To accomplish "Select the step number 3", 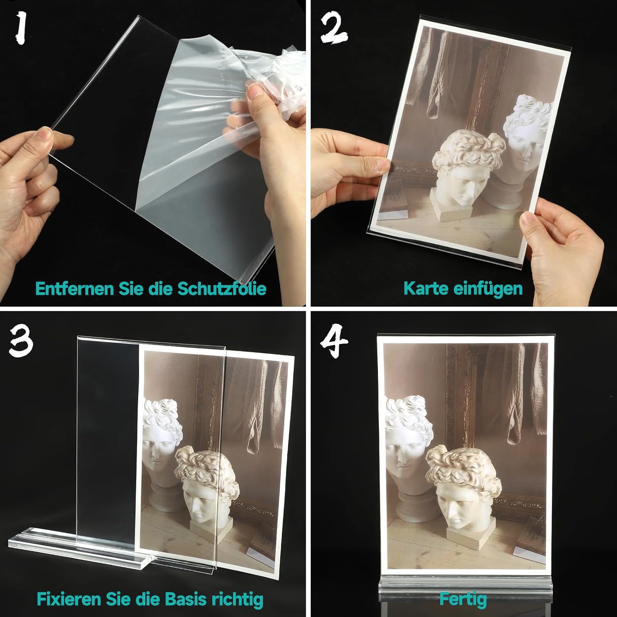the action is pyautogui.click(x=21, y=341).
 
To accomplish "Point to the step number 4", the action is pyautogui.click(x=334, y=340).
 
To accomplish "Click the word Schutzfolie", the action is pyautogui.click(x=222, y=288).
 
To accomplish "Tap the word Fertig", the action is pyautogui.click(x=463, y=598).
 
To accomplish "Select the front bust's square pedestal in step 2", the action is pyautogui.click(x=451, y=211).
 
